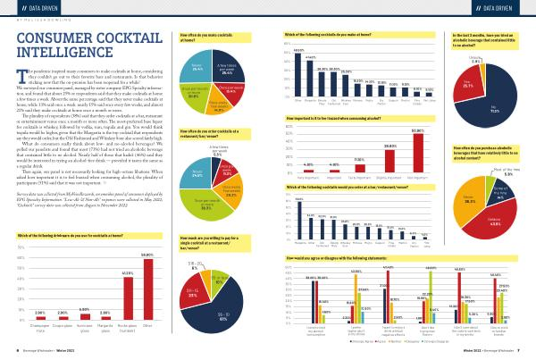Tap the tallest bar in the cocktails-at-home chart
pos(298,71)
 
